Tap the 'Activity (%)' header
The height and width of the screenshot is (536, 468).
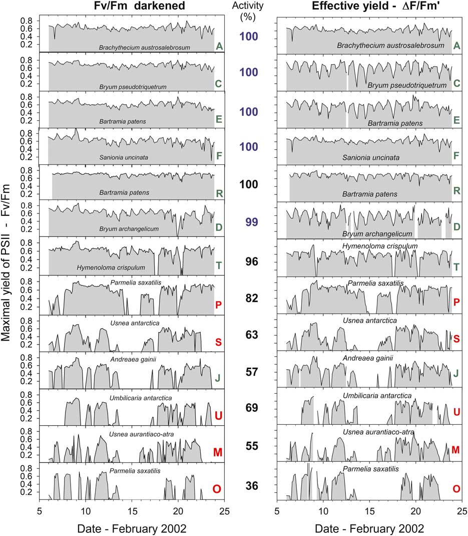click(248, 11)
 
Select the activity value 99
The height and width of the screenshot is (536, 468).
click(248, 222)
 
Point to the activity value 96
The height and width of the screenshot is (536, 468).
click(248, 261)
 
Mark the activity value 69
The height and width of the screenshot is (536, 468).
click(248, 408)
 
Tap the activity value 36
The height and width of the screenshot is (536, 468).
click(248, 485)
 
